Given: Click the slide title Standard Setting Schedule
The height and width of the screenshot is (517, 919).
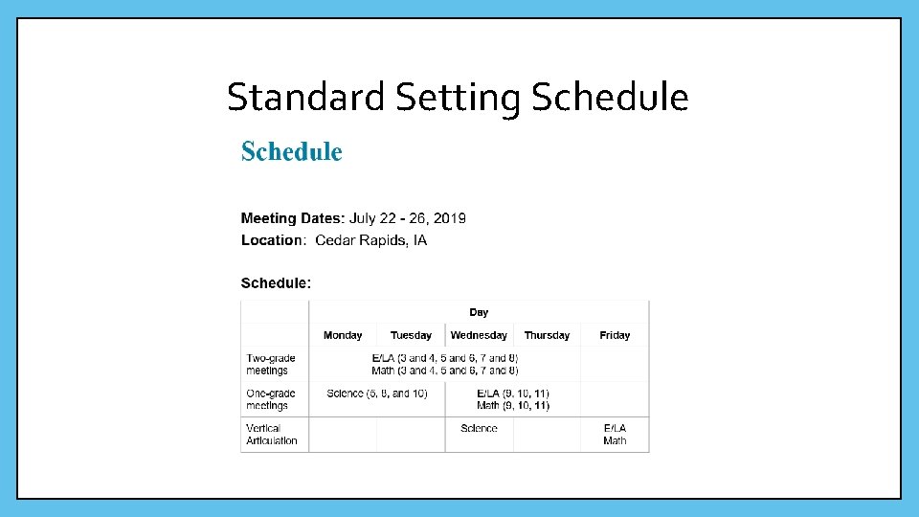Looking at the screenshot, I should coord(458,97).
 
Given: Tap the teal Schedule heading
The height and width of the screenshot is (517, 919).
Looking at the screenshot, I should coord(291,152).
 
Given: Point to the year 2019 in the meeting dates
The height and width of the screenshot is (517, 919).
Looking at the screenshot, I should coord(448,218).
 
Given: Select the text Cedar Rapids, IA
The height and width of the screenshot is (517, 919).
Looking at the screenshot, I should coord(371,240).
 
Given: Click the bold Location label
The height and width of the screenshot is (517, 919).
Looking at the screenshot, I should coord(272,240).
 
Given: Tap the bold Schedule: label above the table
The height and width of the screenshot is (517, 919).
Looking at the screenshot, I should coord(276,283).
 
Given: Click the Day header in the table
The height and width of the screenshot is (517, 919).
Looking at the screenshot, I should coord(479,312).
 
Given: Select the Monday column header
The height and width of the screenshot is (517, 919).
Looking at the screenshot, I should coord(343,335).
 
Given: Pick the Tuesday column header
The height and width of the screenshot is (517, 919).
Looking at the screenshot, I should coord(411,335).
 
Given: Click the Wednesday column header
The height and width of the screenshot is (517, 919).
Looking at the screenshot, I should coord(479,335).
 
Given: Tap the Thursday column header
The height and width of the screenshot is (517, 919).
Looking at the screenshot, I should coord(547,335).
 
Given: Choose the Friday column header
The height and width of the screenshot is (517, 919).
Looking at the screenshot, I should coord(615,335).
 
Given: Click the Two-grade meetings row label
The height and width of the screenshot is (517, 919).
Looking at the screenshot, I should coord(271,364).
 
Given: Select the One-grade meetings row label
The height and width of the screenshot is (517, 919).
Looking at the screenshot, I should coord(271,399).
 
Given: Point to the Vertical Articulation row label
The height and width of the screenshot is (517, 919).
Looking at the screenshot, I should coord(272,435).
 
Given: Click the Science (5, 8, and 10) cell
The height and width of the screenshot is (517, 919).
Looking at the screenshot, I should coord(377,393).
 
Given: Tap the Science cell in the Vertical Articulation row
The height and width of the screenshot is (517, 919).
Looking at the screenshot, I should coord(479,429).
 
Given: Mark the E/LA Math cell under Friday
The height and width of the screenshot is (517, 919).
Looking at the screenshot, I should coord(615,435).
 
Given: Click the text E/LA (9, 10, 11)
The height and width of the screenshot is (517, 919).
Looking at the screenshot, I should coord(513,393).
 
